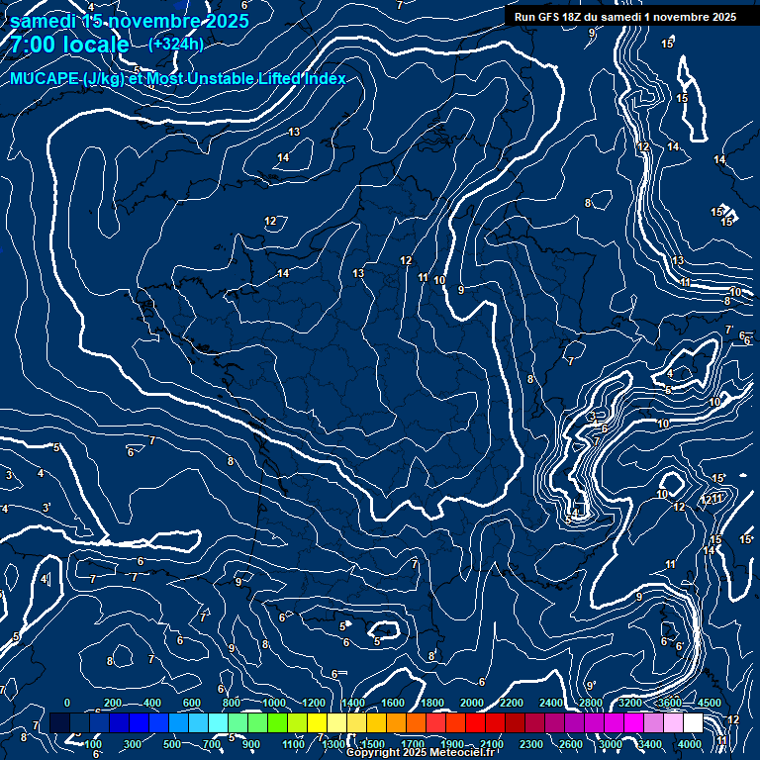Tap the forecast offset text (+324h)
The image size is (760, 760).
click(x=176, y=44)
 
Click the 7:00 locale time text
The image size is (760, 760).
click(x=69, y=45)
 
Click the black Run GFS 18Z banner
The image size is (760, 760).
click(x=624, y=17)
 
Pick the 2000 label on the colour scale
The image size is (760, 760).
click(x=471, y=703)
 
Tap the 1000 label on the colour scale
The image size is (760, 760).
click(x=273, y=703)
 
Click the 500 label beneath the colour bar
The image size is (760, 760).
click(x=172, y=744)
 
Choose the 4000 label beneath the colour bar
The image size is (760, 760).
click(x=691, y=744)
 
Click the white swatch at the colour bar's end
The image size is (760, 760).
click(x=692, y=724)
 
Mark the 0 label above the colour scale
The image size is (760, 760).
click(x=67, y=703)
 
